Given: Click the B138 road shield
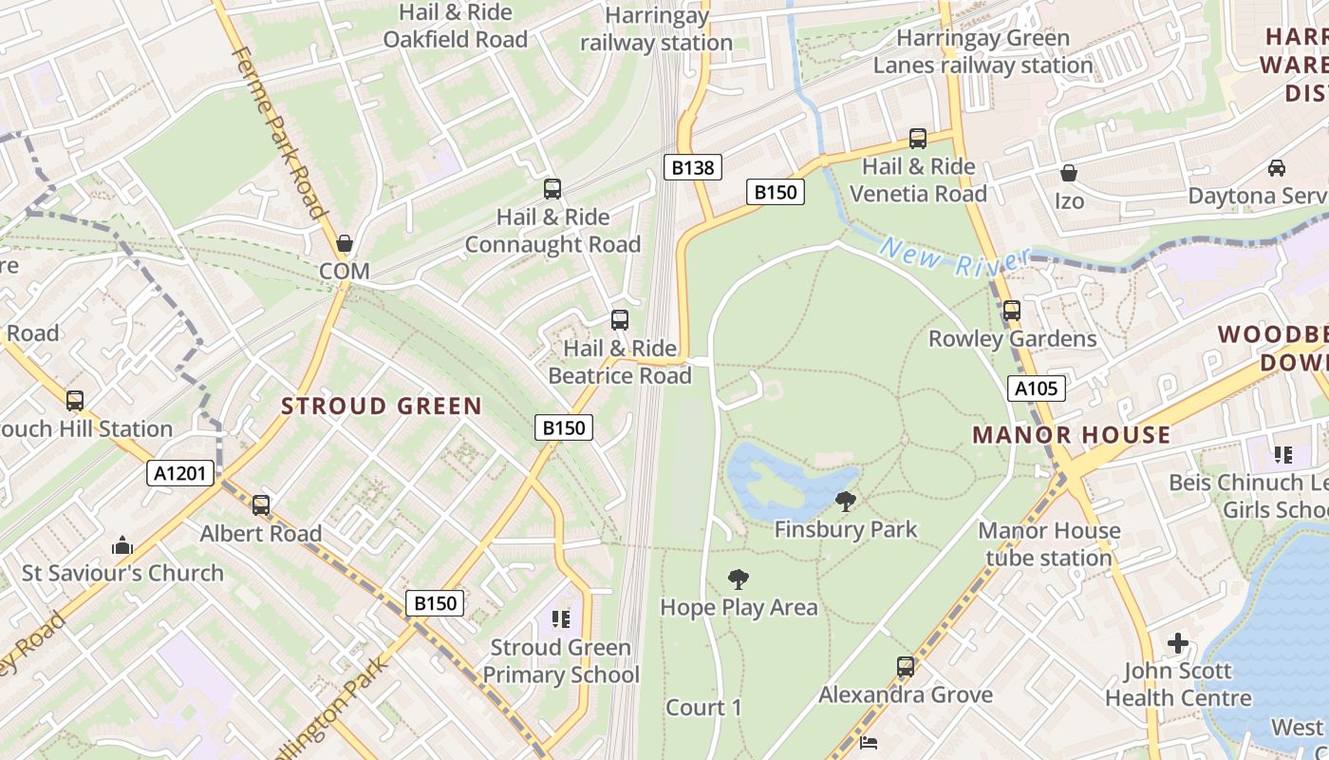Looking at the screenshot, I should click(x=692, y=168).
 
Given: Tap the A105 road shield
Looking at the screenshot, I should click(x=1036, y=389).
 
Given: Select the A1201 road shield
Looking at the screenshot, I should click(x=181, y=473).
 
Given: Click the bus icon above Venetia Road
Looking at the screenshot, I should click(x=917, y=139).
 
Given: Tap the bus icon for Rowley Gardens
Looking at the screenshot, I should click(x=1012, y=311).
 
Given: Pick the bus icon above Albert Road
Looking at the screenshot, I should click(x=261, y=505).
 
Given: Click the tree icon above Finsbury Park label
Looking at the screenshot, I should click(x=845, y=501).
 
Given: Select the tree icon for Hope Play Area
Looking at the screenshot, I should click(x=738, y=579).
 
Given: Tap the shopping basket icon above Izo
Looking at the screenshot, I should click(x=1069, y=173).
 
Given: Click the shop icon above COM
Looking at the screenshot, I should click(x=344, y=243).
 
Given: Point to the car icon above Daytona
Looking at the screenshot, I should click(x=1277, y=168).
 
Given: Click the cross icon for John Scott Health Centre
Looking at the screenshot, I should click(x=1178, y=643).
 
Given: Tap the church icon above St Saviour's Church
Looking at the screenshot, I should click(x=122, y=545).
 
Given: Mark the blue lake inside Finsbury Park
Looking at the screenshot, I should click(x=778, y=480).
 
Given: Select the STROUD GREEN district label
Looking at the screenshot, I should click(x=382, y=407).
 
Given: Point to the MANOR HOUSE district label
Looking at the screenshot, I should click(x=1071, y=435).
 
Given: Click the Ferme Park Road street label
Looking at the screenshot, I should click(x=280, y=133).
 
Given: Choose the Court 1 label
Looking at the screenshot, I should click(x=703, y=708).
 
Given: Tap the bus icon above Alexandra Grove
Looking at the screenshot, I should click(x=906, y=667).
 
